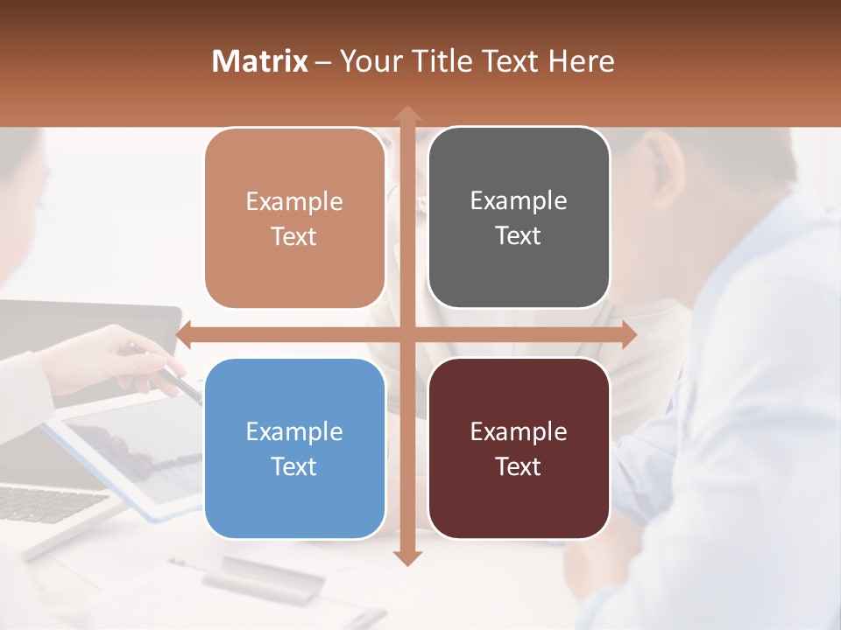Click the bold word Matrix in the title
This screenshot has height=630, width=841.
coord(260,61)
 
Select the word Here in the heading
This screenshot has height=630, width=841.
coord(582,61)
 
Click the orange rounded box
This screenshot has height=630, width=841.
coord(294,219)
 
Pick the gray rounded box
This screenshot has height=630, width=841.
coord(519,218)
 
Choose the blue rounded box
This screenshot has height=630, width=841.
coord(294,449)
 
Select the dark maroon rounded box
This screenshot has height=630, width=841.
coord(519,449)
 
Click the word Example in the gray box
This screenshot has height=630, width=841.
coord(519,200)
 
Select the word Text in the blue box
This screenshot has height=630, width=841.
coord(294,466)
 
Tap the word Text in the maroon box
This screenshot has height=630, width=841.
coord(519,466)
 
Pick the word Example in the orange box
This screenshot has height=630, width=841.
coord(294,201)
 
